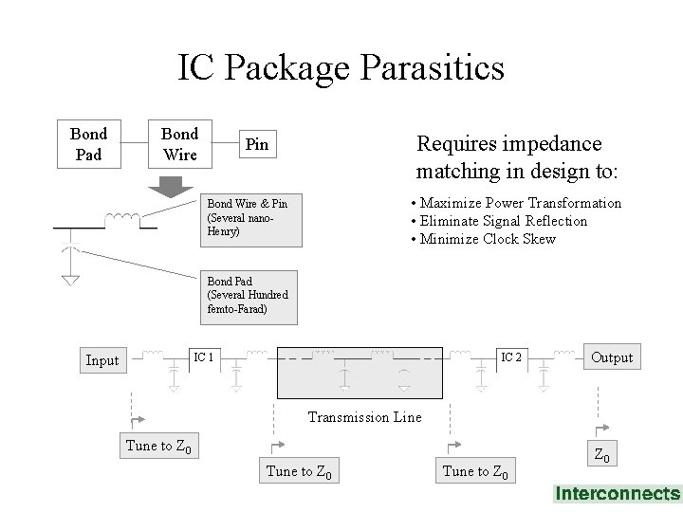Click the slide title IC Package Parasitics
pyautogui.click(x=341, y=67)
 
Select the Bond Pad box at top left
pyautogui.click(x=88, y=143)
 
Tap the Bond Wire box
pyautogui.click(x=179, y=143)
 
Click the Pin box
pyautogui.click(x=257, y=145)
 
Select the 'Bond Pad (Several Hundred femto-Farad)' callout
pyautogui.click(x=249, y=296)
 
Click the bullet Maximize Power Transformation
pyautogui.click(x=516, y=203)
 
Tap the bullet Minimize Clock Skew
pyautogui.click(x=483, y=239)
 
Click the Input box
pyautogui.click(x=102, y=360)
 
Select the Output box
pyautogui.click(x=612, y=357)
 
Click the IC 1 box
pyautogui.click(x=203, y=357)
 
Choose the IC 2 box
pyautogui.click(x=510, y=357)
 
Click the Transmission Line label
pyautogui.click(x=365, y=417)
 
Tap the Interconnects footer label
pyautogui.click(x=618, y=493)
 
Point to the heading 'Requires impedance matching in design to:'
pyautogui.click(x=516, y=156)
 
